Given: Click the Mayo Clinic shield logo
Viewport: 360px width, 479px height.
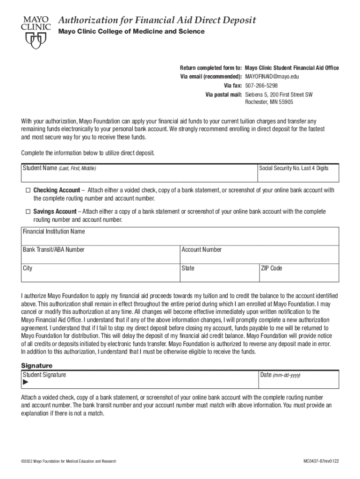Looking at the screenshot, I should click(36, 41).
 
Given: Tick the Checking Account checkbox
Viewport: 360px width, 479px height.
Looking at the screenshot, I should click(28, 190).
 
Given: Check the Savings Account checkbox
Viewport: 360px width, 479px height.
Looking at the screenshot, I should click(28, 212).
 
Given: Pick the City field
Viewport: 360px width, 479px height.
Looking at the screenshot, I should click(100, 274).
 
